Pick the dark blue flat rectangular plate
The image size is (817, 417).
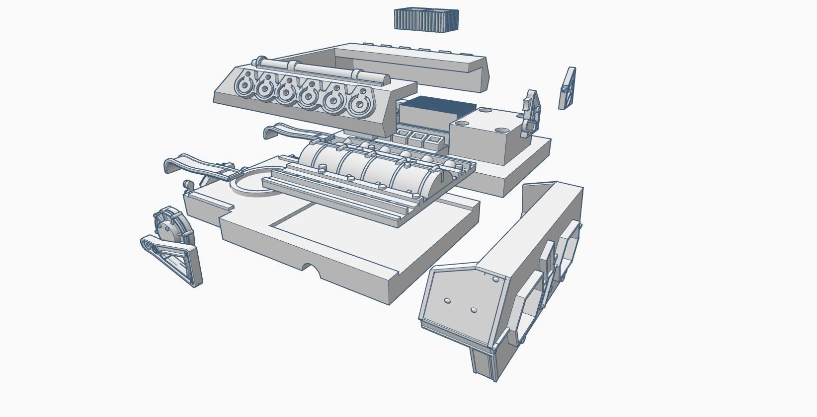coord(436,105)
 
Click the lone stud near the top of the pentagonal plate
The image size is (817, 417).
coord(495,280)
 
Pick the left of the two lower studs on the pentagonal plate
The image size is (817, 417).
coord(447,301)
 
